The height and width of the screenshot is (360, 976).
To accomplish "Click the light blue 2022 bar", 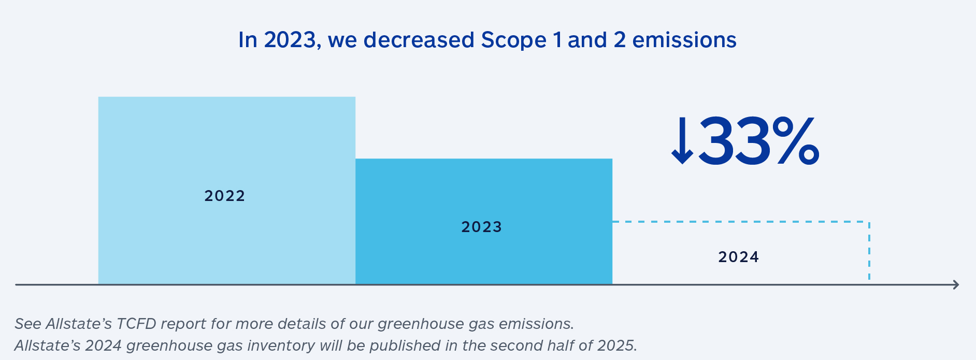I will point(226,145).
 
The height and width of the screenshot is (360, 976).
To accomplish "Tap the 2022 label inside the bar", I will point(224,196).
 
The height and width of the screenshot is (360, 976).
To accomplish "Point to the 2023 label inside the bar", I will point(481,227).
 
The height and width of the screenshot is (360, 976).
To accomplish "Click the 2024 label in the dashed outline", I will point(738,257).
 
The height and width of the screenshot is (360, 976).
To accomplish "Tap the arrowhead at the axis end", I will point(956,284).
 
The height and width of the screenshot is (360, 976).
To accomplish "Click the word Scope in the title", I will point(513,40).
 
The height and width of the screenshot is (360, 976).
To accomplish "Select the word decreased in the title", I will point(419,40).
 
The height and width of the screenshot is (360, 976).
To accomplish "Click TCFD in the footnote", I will point(136,324).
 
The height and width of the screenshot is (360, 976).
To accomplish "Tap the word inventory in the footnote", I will point(283,345).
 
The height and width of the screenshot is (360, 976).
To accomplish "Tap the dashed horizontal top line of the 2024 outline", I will point(741,222).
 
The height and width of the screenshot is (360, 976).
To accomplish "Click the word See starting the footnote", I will point(28,324).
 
